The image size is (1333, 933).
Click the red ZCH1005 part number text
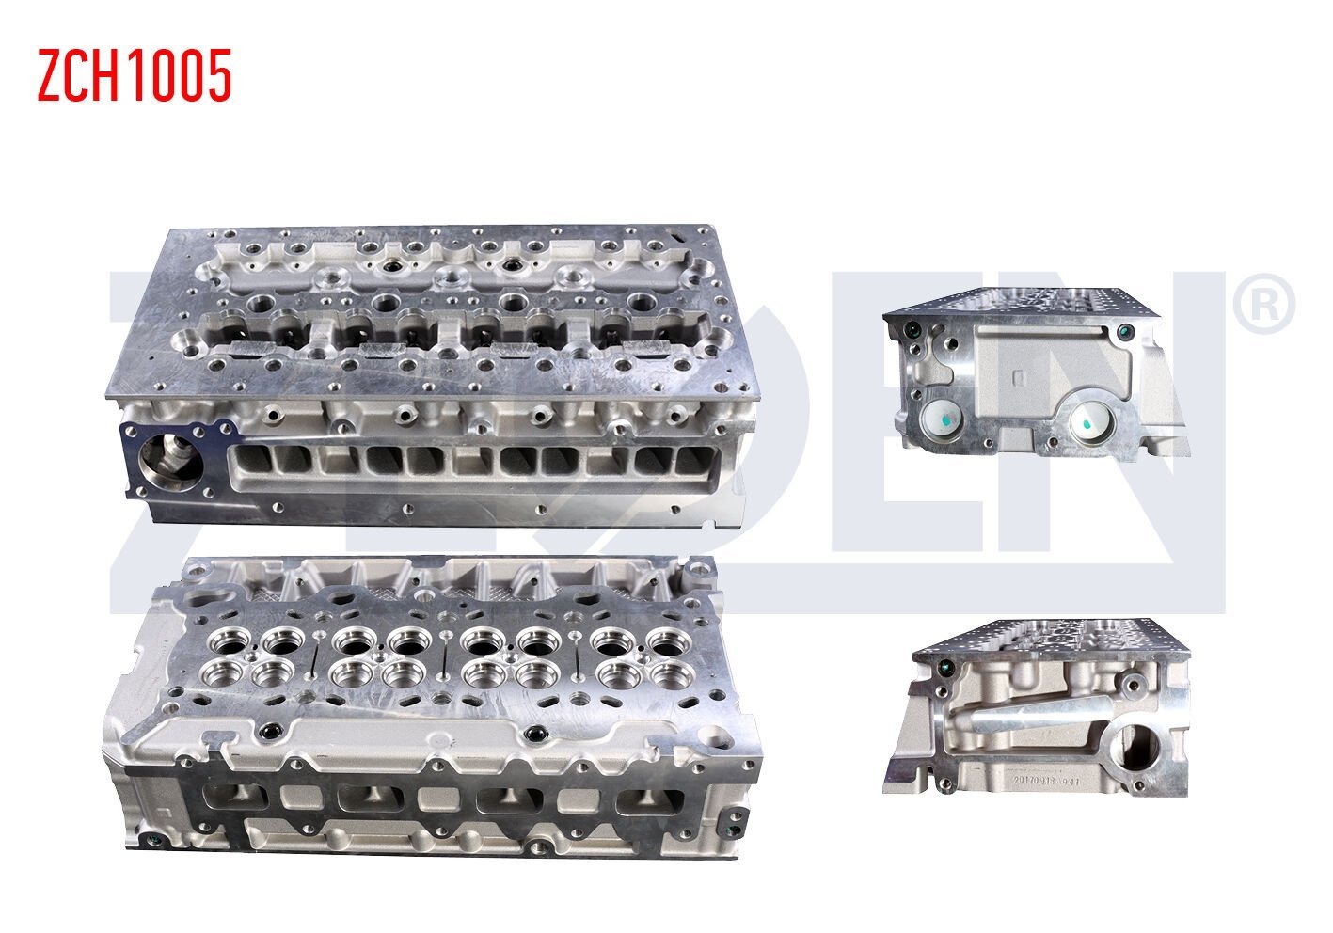135,76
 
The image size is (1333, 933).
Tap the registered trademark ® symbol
1263,303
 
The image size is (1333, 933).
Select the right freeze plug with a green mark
1092,424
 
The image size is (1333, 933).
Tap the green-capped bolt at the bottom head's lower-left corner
148,840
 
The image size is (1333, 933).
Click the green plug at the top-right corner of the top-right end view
1124,331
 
